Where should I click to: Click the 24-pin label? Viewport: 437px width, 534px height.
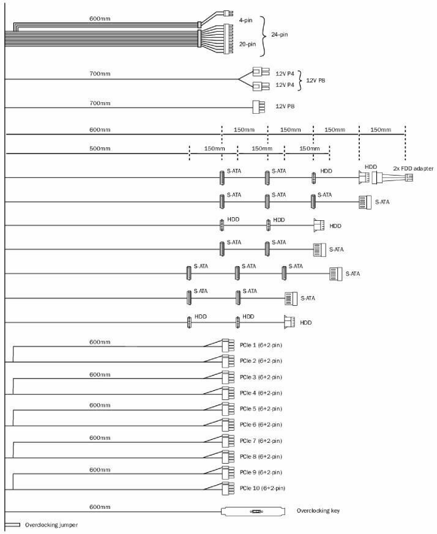coord(279,34)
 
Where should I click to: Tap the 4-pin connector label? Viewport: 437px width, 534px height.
coord(245,20)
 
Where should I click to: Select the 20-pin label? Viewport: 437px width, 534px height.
coord(247,44)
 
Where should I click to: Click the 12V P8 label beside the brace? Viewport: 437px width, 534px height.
coord(316,80)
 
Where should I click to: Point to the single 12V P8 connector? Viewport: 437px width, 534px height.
coord(257,107)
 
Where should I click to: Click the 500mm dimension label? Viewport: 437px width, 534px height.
coord(99,149)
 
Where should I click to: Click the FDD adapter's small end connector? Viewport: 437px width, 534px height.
coord(409,177)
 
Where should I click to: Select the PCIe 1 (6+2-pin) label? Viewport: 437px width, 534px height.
coord(261,345)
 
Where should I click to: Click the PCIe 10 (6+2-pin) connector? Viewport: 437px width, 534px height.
coord(228,488)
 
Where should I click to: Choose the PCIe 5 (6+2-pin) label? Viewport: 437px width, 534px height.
coord(261,409)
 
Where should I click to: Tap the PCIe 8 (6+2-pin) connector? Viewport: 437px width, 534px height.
coord(228,456)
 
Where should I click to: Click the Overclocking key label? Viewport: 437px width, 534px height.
coord(317,510)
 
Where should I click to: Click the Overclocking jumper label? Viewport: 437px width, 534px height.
coord(51,525)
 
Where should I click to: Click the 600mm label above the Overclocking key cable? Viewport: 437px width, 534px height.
coord(99,506)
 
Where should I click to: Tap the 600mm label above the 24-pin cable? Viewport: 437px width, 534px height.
coord(99,18)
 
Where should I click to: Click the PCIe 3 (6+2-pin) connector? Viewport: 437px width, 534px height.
coord(228,377)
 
